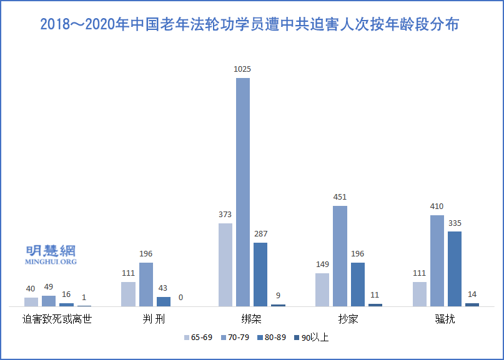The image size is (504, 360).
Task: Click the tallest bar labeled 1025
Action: click(x=243, y=192)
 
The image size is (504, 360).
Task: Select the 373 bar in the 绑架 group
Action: click(x=225, y=265)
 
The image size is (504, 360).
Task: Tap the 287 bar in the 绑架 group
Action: click(x=260, y=275)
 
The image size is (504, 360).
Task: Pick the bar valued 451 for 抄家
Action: click(x=340, y=256)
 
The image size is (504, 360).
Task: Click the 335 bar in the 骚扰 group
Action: click(x=455, y=269)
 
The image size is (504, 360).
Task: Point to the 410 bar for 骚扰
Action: click(x=437, y=261)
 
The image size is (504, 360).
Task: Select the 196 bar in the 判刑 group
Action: click(x=146, y=285)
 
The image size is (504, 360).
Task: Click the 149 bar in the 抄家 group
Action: click(x=322, y=289)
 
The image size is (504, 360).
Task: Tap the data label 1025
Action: click(x=242, y=69)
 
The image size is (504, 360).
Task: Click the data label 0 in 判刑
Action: click(x=181, y=298)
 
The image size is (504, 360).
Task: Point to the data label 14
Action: click(x=472, y=294)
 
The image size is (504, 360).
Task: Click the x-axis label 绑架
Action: click(x=251, y=320)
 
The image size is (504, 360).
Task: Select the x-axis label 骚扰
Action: click(x=445, y=320)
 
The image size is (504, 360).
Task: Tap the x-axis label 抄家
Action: click(x=348, y=320)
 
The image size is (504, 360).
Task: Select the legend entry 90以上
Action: click(x=314, y=338)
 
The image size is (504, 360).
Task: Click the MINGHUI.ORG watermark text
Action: click(x=51, y=261)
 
